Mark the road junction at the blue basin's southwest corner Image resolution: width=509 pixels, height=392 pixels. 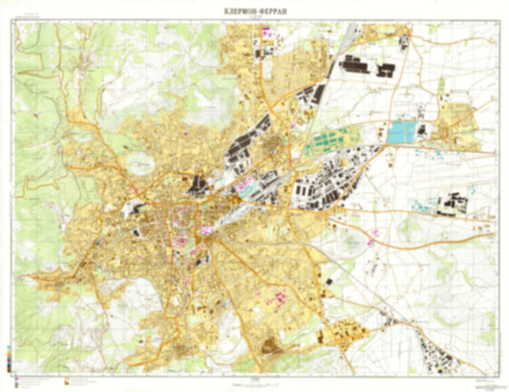point(386,143)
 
